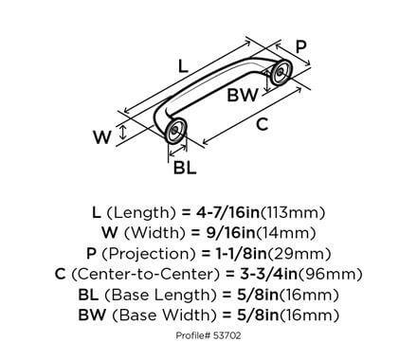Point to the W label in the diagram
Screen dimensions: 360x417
point(102,135)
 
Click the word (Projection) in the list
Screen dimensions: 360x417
point(150,253)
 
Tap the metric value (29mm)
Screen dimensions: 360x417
point(309,253)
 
